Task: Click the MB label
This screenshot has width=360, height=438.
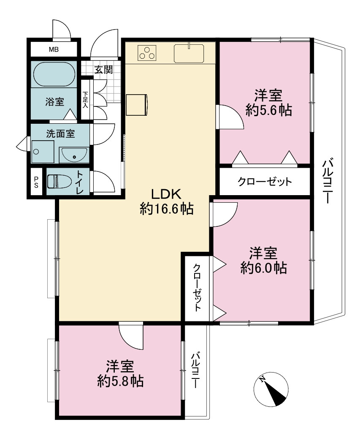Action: pos(54,50)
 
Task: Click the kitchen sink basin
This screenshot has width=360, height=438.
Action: pos(189,53)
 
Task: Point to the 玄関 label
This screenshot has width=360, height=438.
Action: pos(103,70)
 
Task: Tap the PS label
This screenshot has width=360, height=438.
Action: pos(36,182)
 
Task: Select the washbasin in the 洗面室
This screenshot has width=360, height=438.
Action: pos(74,155)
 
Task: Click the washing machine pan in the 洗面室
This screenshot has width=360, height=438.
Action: pos(43,152)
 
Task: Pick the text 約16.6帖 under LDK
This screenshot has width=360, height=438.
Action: pos(167,208)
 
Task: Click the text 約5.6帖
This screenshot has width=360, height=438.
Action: pos(268,110)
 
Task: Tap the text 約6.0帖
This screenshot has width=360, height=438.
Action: pos(263,268)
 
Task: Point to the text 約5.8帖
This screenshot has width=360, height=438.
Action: pos(120,381)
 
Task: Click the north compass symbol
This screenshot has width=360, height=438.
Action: pos(271,389)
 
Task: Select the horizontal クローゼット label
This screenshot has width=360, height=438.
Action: pos(265,182)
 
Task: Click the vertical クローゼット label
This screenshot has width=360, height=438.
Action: pos(197,288)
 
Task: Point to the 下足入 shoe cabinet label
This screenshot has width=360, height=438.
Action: pos(85,100)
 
